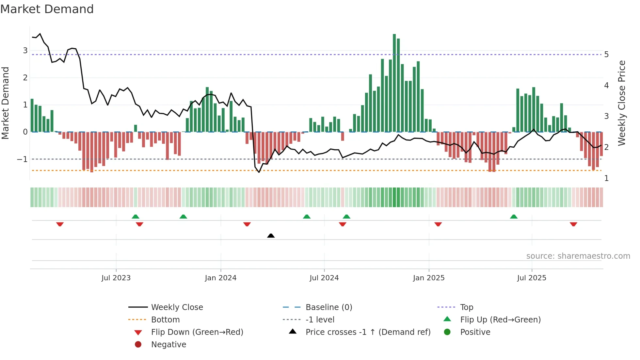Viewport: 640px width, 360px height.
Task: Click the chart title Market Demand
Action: (x=47, y=9)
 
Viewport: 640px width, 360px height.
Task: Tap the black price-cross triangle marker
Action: (x=271, y=236)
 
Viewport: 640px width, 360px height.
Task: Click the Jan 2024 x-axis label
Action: (x=220, y=278)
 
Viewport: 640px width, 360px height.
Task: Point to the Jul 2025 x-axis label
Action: (x=532, y=278)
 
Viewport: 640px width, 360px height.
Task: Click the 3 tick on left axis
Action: (x=25, y=51)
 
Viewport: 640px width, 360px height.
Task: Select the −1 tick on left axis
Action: (x=22, y=159)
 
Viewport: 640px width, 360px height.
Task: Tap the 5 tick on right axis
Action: (x=606, y=55)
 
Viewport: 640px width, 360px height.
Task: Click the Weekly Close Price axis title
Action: (x=622, y=103)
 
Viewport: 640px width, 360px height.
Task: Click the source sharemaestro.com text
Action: (x=578, y=256)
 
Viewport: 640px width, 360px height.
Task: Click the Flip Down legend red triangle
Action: (x=138, y=333)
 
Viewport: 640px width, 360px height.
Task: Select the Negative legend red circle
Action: (x=138, y=345)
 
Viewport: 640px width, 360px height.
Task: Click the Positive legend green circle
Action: (x=447, y=332)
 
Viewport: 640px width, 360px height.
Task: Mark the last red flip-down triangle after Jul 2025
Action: (x=573, y=224)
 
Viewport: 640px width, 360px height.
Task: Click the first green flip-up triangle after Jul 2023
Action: (x=136, y=217)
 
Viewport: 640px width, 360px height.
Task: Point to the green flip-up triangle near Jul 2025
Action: (x=514, y=217)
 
